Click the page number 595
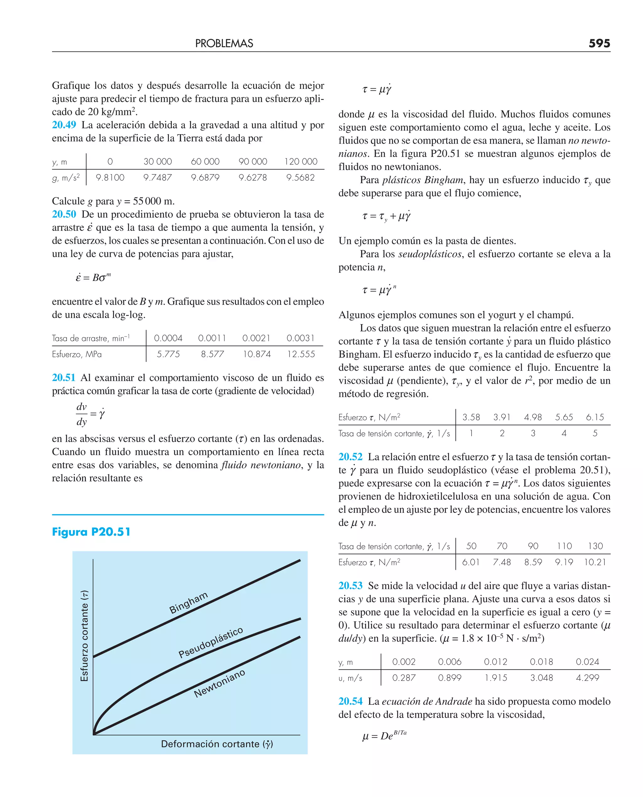tap(599, 43)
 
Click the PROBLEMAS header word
tap(224, 43)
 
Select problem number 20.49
tap(64, 125)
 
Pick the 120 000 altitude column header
tap(300, 162)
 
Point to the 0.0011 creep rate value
tap(212, 338)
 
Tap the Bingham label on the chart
tap(188, 603)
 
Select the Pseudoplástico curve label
tap(210, 642)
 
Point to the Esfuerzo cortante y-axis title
tap(84, 636)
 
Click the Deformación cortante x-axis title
tap(217, 744)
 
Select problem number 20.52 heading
tap(350, 457)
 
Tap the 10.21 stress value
tap(595, 562)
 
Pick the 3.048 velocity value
tap(541, 678)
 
